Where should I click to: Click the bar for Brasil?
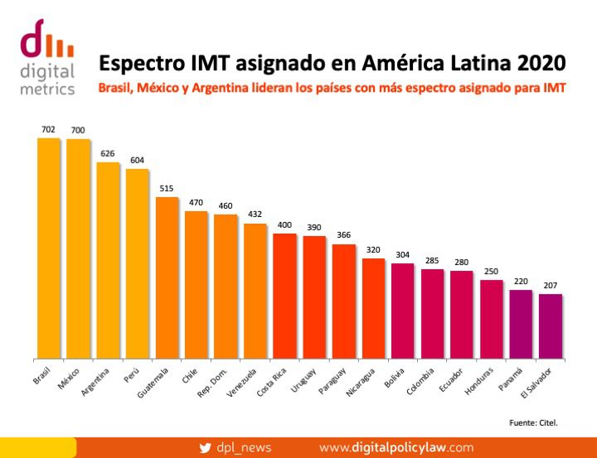[49, 248]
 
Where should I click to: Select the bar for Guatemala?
[167, 277]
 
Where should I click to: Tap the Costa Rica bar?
[284, 296]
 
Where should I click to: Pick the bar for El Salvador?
[551, 326]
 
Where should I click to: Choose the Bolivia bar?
[403, 311]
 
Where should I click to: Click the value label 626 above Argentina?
[108, 153]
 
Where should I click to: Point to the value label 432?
[255, 215]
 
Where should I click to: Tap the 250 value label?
[492, 271]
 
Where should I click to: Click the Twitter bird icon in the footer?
[206, 446]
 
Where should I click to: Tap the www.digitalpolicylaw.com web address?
[396, 446]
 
